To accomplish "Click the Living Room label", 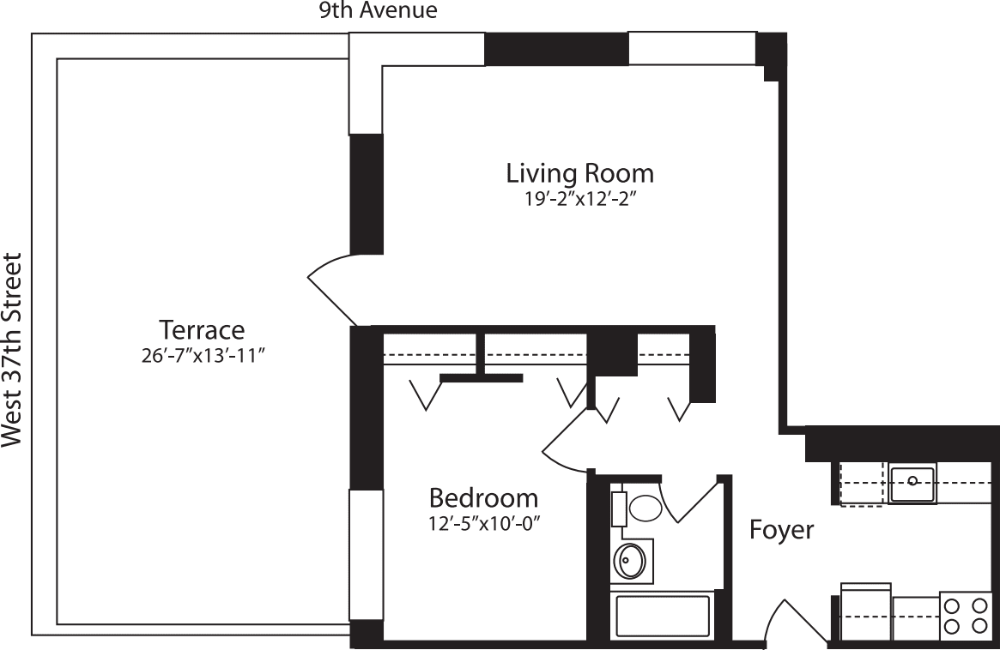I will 579,173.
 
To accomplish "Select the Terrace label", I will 202,329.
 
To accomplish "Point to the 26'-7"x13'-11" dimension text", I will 202,355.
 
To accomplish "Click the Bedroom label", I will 483,497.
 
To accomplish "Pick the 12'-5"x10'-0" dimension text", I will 483,522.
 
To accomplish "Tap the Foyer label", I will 781,530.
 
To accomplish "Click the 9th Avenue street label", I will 378,10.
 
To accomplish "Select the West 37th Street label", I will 12,350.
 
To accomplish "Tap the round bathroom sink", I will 630,562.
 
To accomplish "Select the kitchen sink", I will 912,483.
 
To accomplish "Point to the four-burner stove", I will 965,616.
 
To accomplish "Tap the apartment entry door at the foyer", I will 781,622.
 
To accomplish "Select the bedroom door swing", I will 567,442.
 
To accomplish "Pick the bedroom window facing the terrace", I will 365,554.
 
